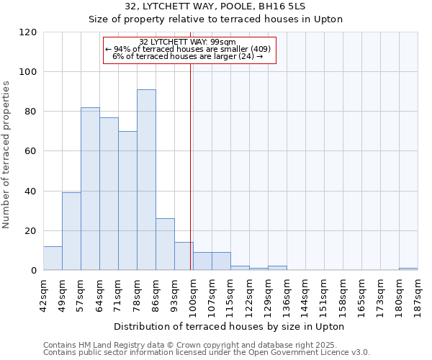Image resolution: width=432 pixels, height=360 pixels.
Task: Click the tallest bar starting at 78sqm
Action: click(x=146, y=180)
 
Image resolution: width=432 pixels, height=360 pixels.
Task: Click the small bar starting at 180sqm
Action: click(x=408, y=269)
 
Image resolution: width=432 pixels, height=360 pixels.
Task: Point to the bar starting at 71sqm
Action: click(x=127, y=201)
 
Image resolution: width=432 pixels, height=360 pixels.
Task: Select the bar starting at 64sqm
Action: click(x=109, y=194)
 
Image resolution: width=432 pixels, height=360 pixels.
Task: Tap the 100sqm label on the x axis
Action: click(x=193, y=293)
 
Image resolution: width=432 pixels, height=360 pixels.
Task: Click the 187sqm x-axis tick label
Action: click(x=418, y=293)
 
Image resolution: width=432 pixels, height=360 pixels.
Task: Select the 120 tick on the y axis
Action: click(x=28, y=32)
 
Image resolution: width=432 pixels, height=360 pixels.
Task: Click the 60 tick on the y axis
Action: click(x=31, y=152)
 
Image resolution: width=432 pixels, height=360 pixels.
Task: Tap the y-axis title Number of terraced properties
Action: click(x=6, y=155)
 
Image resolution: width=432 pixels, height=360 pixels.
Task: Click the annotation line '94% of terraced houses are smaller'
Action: click(x=189, y=49)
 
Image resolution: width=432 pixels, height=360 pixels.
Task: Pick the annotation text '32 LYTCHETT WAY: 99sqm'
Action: click(x=189, y=42)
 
